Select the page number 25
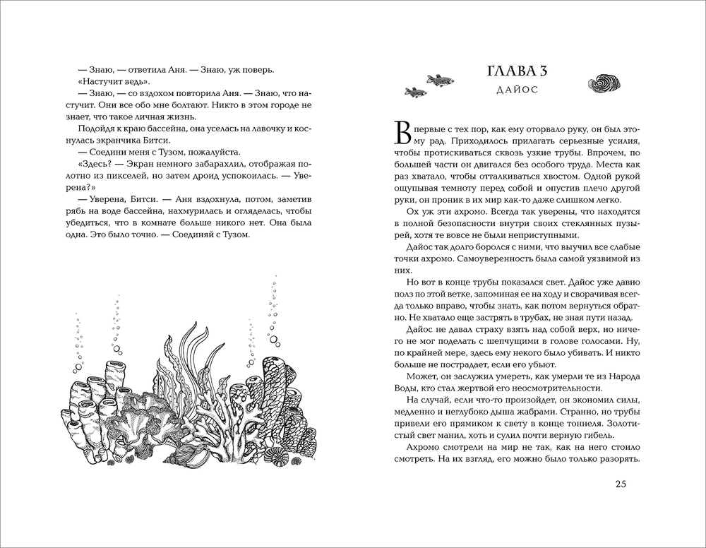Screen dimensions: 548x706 pos(621,484)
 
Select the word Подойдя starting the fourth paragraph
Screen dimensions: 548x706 pos(92,131)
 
